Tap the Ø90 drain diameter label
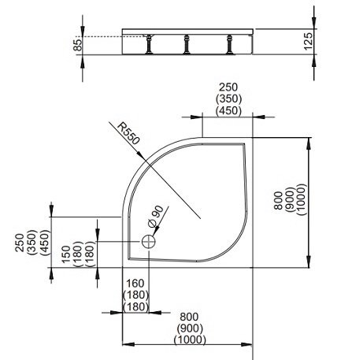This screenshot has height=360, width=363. [155, 215]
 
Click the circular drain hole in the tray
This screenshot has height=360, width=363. [148, 243]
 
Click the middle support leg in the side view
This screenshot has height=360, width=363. [186, 46]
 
